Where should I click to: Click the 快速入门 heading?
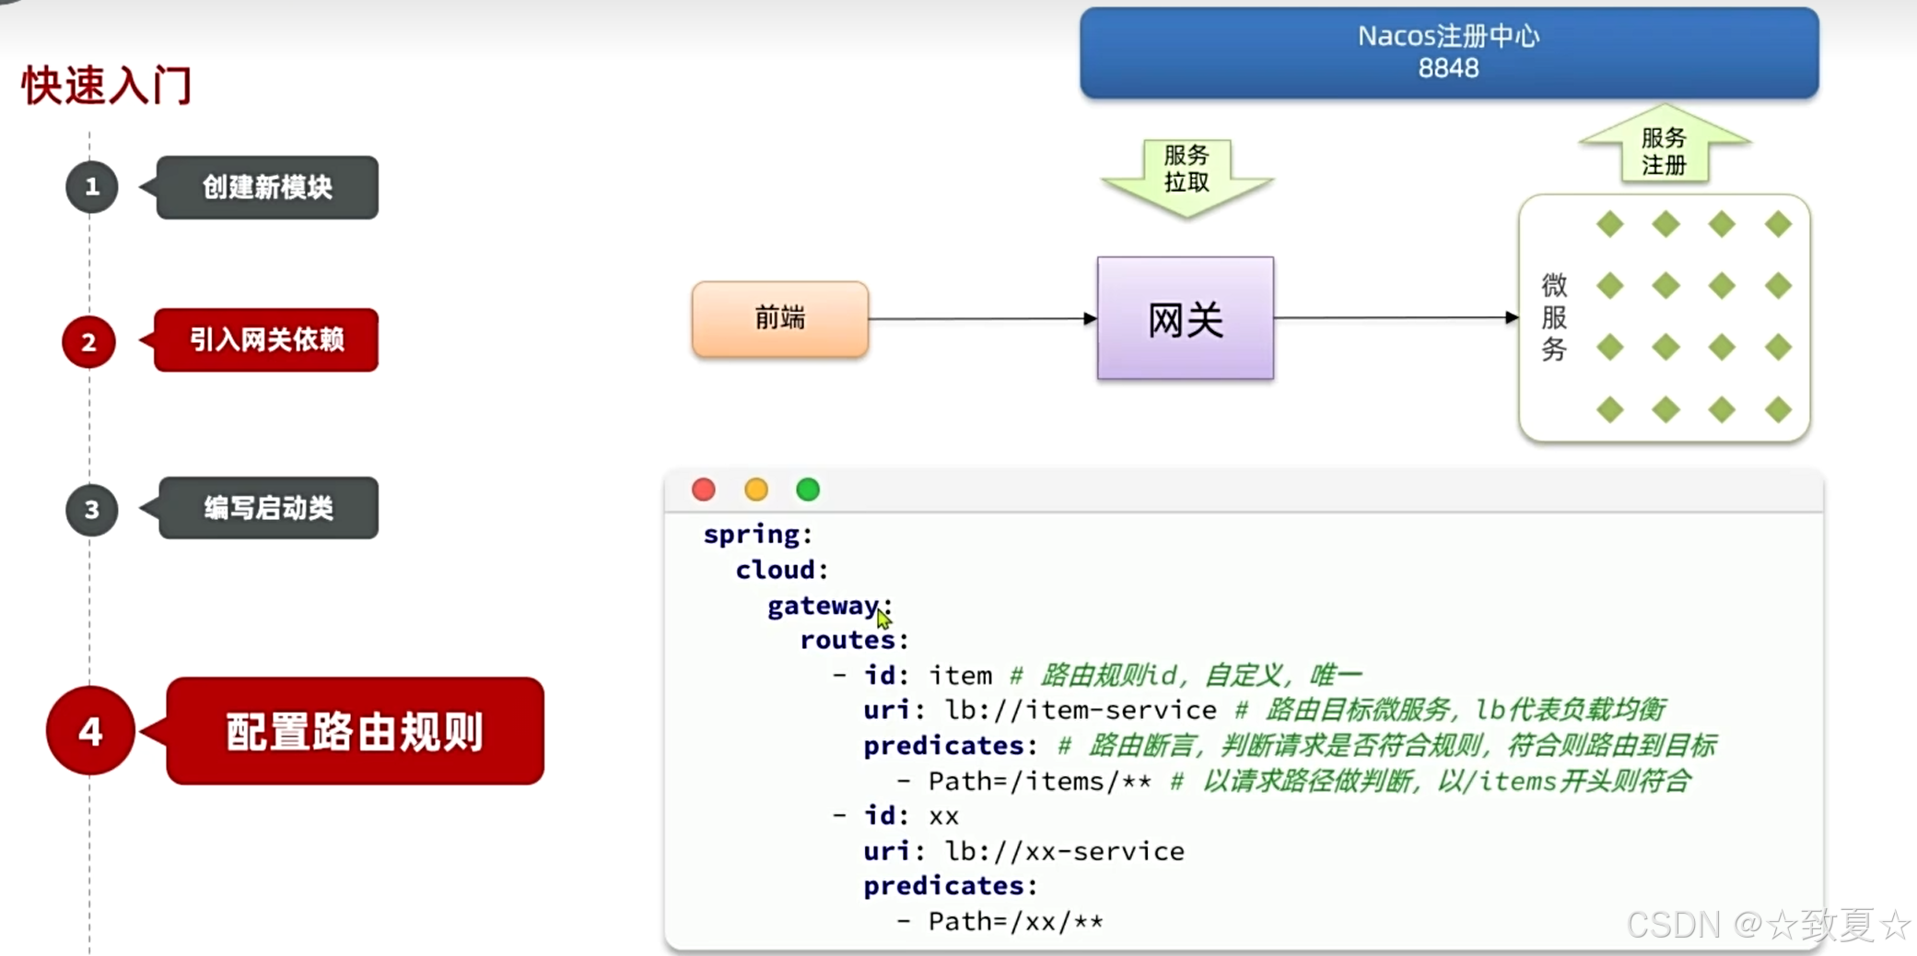coord(107,86)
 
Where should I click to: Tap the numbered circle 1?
coord(91,187)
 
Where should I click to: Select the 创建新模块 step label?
coord(267,187)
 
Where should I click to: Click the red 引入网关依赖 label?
coord(266,340)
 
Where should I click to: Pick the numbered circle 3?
coord(91,509)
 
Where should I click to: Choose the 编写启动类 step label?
coord(268,508)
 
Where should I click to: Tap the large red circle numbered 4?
coord(90,731)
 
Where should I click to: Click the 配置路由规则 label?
coord(355,732)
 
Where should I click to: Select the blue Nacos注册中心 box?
coord(1448,53)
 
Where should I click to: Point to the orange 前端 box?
coord(779,319)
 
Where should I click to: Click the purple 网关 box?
coord(1185,319)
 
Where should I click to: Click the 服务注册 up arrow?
coord(1664,148)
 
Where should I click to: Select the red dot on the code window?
coord(704,490)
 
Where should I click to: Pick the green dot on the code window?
coord(808,490)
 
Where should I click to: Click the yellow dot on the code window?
coord(756,490)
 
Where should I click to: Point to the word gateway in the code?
coord(823,606)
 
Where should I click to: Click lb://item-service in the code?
coord(1081,710)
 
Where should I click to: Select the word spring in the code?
coord(752,535)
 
